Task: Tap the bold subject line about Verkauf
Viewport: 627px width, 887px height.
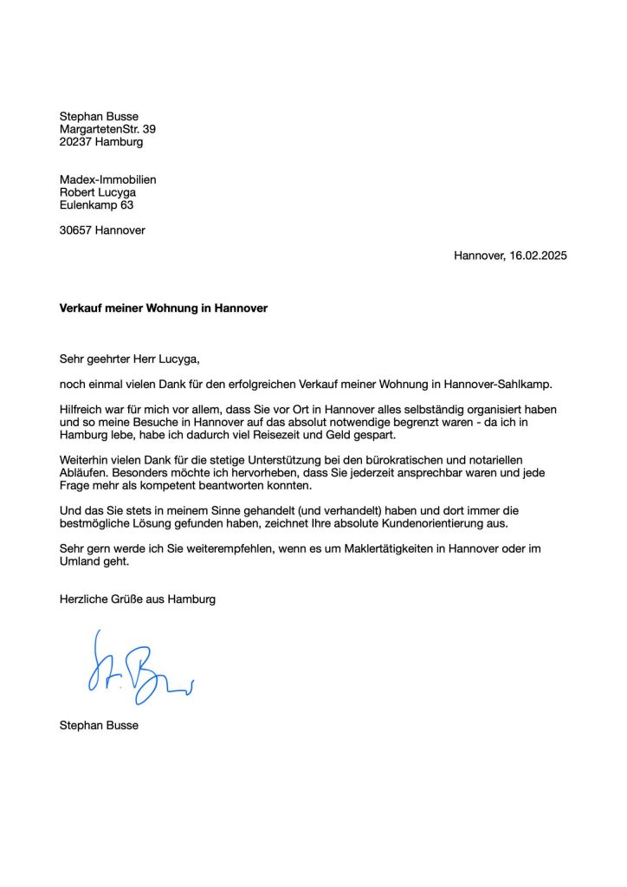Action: tap(163, 308)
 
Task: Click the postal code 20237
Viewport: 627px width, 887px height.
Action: tap(76, 142)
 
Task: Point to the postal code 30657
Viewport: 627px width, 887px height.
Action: tap(76, 230)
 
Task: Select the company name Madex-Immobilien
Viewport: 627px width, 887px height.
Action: tap(107, 179)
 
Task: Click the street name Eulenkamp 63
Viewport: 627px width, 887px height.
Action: tap(96, 205)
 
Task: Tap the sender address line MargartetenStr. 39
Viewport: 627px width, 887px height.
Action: tap(107, 129)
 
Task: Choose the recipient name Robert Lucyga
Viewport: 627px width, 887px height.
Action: tap(98, 192)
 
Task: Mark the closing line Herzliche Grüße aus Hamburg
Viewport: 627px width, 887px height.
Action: tap(137, 599)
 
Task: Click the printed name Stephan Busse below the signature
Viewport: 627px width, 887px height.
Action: tap(98, 725)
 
